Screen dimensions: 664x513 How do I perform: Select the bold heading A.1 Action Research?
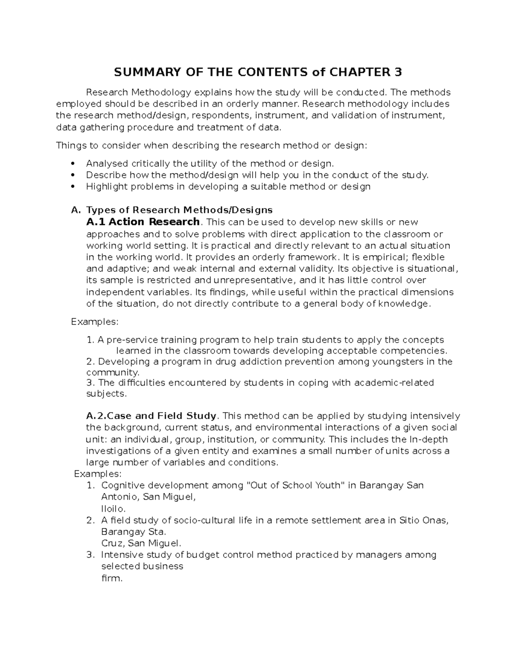tap(143, 222)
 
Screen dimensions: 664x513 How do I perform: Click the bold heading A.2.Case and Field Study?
tap(152, 416)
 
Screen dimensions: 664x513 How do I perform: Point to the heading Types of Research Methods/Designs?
tap(179, 210)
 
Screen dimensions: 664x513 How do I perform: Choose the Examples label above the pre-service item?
tap(94, 321)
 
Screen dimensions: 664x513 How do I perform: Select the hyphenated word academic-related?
tap(394, 382)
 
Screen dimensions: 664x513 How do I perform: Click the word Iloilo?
tap(113, 509)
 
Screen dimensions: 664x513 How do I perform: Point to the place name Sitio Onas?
tap(423, 520)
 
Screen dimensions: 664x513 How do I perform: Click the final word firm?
tap(112, 578)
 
